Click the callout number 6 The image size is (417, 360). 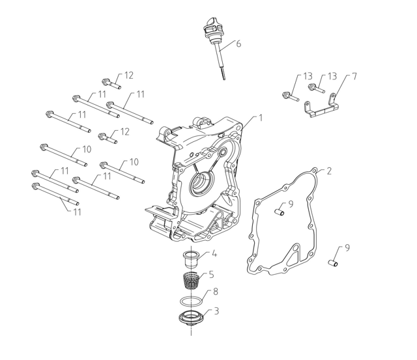[238, 44]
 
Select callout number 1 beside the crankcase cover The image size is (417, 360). [261, 118]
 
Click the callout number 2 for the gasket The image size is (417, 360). [329, 171]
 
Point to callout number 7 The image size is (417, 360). [354, 76]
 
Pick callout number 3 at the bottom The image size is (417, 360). [216, 311]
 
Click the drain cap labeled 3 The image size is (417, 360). [190, 319]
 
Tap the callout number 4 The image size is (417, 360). [214, 253]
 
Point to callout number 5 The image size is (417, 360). [210, 274]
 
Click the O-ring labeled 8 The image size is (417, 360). [190, 302]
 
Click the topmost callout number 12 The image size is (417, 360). [128, 75]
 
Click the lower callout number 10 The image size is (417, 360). [134, 161]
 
